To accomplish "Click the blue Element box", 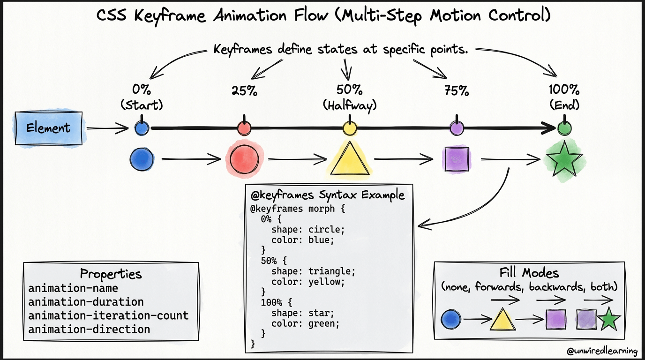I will tap(49, 127).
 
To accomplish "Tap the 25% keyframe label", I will tap(244, 90).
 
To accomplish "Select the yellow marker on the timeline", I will tap(350, 127).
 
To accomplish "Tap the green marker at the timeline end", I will tap(564, 127).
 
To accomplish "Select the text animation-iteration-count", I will tap(108, 315).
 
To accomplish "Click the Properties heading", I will tap(111, 274).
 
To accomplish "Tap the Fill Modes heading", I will tap(529, 273).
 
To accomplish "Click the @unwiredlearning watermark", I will tap(602, 351).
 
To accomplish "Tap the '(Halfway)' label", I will tap(350, 105).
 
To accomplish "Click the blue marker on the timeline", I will tap(142, 127).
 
